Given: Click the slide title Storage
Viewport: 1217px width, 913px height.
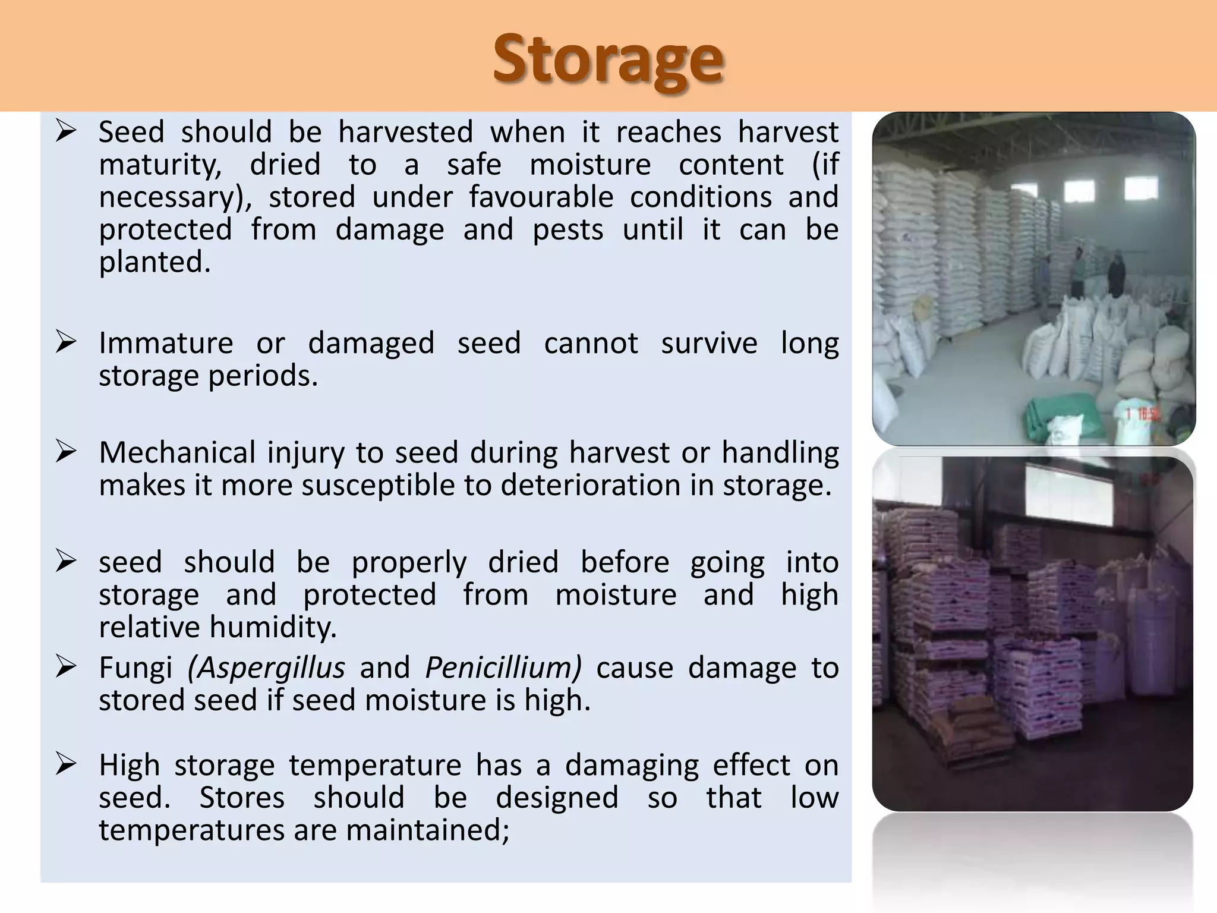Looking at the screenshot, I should (608, 59).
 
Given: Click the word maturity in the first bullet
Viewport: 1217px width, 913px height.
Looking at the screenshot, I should (159, 165).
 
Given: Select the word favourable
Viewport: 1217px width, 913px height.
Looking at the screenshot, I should (541, 197).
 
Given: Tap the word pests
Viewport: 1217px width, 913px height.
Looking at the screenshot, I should (567, 230).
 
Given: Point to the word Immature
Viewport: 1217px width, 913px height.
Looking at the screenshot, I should (166, 344).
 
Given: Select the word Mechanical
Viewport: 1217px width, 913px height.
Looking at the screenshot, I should (177, 453).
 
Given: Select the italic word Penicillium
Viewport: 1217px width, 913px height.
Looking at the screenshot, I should (503, 668).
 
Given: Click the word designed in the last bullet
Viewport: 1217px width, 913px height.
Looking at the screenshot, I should (557, 798).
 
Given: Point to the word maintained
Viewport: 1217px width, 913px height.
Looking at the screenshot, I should (427, 830).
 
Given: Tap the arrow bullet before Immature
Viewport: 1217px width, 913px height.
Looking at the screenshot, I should (65, 342).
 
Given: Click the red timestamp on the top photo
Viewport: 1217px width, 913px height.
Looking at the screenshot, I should (1141, 414).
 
